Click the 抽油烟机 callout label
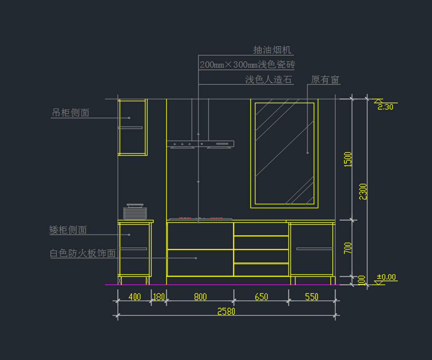272,50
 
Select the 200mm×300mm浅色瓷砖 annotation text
247,65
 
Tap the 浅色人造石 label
269,80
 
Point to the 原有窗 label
325,80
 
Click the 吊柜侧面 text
71,113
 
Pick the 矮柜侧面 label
68,230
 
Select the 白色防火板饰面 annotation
83,253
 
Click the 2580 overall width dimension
226,311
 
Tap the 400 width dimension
135,297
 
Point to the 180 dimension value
159,297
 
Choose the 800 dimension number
201,297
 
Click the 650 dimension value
261,297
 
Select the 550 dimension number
312,297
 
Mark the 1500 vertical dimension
348,159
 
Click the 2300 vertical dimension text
363,192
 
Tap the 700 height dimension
348,248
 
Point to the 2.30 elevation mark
386,107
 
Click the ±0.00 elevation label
386,277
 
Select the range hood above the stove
201,144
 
